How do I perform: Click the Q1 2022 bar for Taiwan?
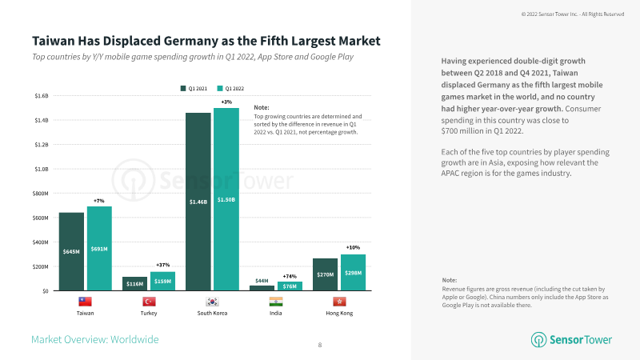(99, 248)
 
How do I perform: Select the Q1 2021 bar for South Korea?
(198, 200)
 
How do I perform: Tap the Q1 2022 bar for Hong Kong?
(353, 272)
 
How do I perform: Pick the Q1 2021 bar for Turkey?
(134, 283)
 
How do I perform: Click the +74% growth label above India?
(290, 276)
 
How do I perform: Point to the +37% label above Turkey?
(162, 265)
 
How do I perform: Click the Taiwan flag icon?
(85, 302)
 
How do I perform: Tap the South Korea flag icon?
(211, 302)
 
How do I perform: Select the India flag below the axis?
(276, 302)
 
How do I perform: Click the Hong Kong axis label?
(339, 313)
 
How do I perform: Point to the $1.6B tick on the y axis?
(41, 96)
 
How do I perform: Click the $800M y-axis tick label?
(40, 194)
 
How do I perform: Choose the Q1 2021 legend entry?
(194, 86)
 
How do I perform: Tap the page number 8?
(320, 345)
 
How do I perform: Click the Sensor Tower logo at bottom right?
(571, 339)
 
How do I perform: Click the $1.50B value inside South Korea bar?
(226, 199)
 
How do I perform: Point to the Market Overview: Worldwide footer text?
(94, 339)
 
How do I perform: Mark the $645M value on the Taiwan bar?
(71, 251)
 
